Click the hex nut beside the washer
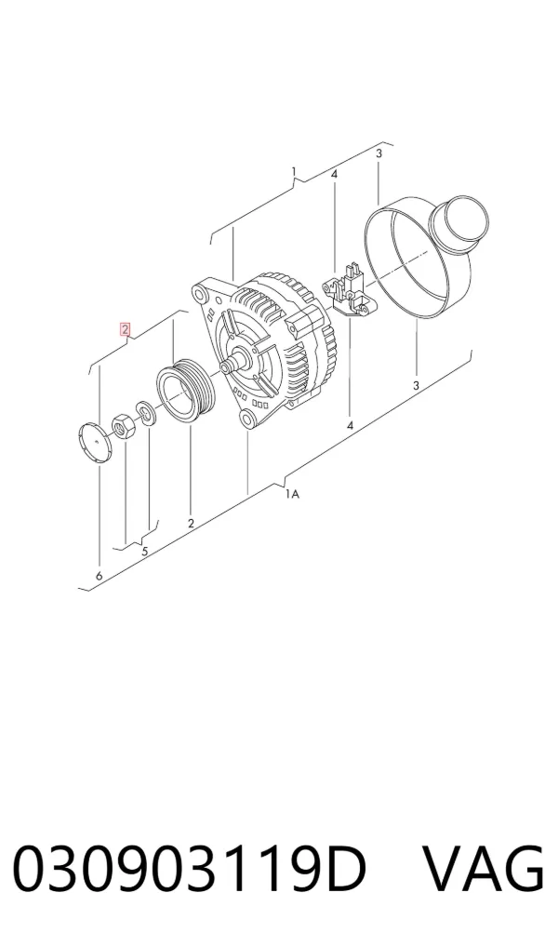(123, 425)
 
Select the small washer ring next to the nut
(145, 412)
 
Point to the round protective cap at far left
(96, 443)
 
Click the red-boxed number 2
(125, 329)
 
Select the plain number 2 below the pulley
(191, 524)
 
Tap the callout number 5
(145, 551)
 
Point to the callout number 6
(99, 576)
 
